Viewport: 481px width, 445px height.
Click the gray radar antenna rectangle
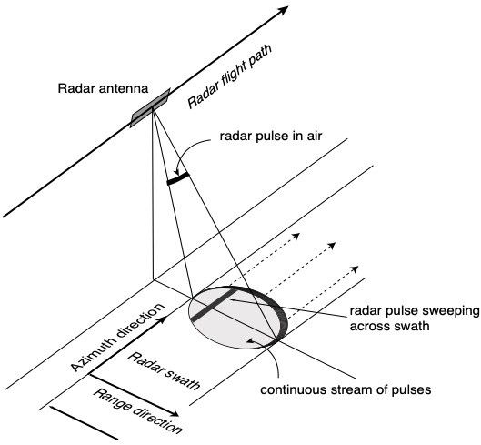tap(153, 107)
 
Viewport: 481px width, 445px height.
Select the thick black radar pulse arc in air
tap(179, 180)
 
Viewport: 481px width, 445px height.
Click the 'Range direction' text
tap(136, 410)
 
